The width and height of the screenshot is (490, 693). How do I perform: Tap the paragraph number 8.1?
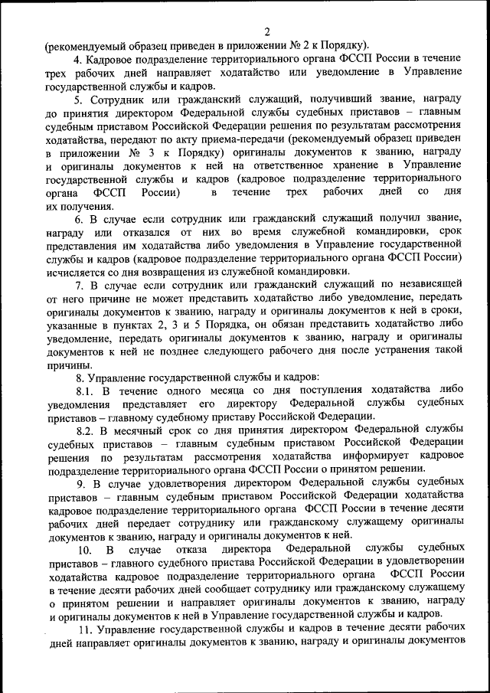85,391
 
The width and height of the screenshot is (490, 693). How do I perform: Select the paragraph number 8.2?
85,430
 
